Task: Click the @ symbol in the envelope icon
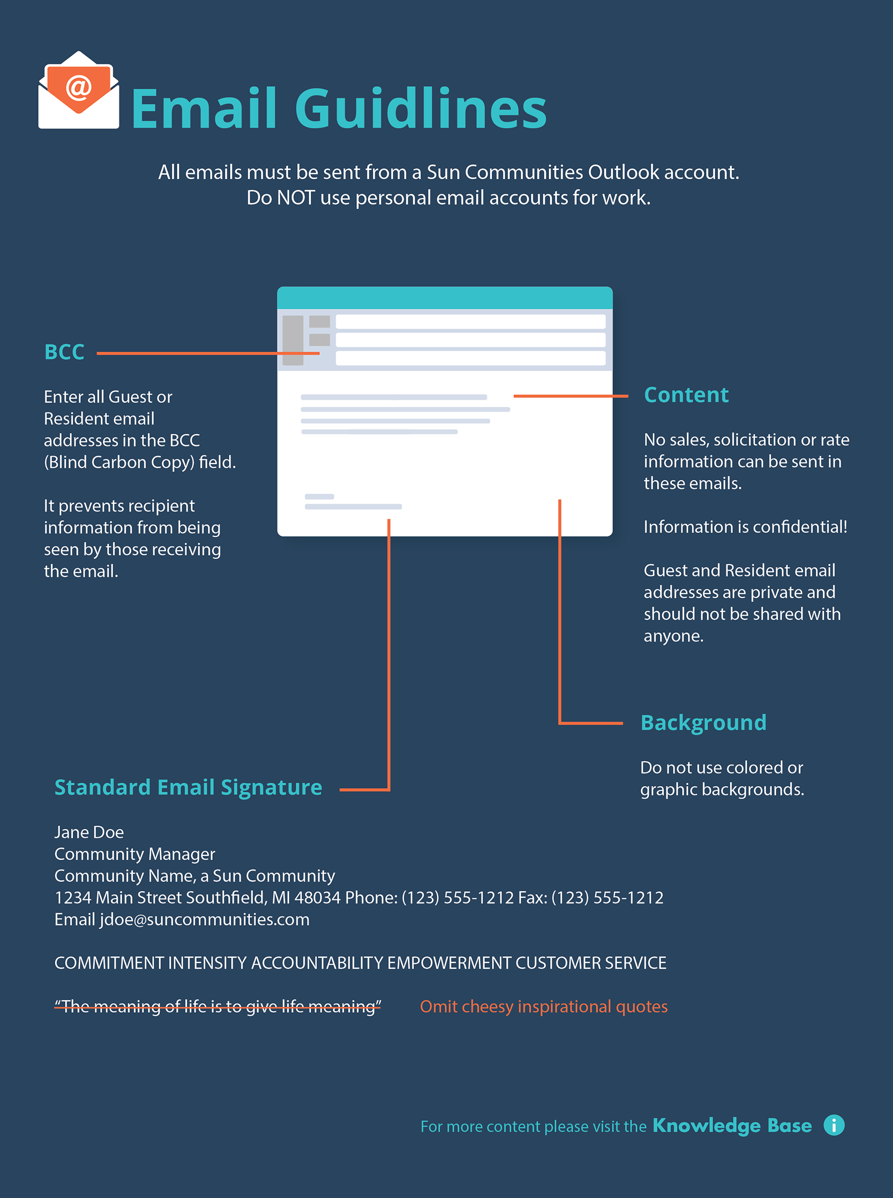tap(79, 87)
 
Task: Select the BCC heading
tap(64, 352)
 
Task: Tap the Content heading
tap(686, 395)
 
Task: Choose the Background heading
tap(703, 723)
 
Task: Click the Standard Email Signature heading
tap(188, 787)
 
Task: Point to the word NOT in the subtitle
tap(296, 198)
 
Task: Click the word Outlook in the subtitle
tap(623, 172)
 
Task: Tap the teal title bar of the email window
tap(444, 298)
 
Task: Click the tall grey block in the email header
tap(292, 340)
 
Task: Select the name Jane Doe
tap(89, 832)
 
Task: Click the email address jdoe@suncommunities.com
tap(204, 919)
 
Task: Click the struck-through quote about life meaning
tap(217, 1007)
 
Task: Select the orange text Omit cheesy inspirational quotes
tap(543, 1007)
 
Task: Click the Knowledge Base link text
tap(731, 1126)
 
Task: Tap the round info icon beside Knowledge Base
tap(834, 1126)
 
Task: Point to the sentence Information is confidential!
tap(745, 527)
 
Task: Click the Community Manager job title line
tap(134, 854)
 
